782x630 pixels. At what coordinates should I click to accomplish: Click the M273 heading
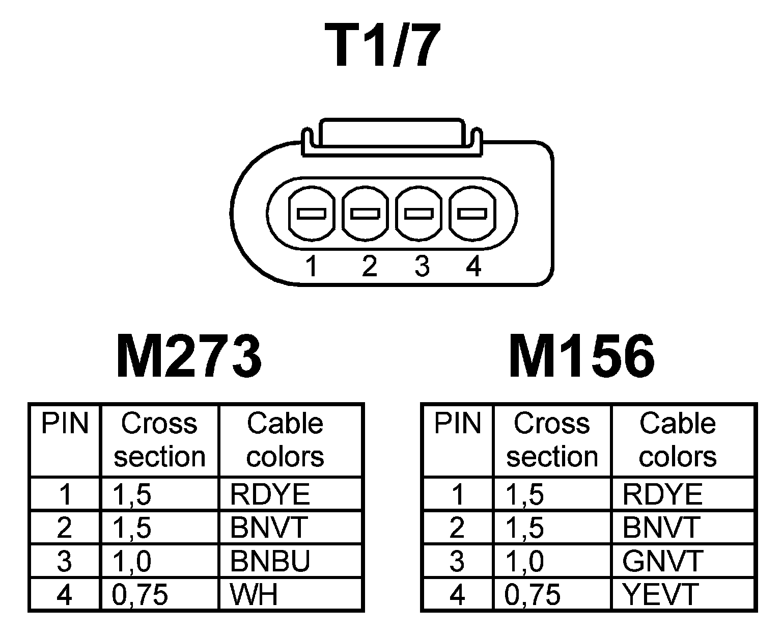coord(189,356)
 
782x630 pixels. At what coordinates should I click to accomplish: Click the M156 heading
coord(581,356)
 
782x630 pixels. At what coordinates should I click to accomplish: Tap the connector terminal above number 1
coord(312,214)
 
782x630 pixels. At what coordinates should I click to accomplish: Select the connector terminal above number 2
coord(366,214)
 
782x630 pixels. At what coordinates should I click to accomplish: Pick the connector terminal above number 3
coord(419,214)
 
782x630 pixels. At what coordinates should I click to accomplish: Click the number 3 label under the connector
coord(422,267)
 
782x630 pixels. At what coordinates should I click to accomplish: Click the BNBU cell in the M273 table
coord(270,561)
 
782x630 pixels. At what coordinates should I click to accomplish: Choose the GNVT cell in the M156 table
coord(662,561)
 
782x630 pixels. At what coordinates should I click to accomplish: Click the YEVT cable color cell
coord(660,594)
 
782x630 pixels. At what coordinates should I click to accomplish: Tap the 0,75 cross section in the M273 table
coord(139,594)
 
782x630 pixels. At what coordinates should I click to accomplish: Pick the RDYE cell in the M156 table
coord(662,494)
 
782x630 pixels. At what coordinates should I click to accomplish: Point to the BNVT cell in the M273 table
coord(269,528)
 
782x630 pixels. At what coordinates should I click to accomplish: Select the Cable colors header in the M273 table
coord(285,440)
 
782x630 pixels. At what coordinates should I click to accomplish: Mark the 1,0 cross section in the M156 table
coord(525,561)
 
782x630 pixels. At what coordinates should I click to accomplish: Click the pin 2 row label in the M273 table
coord(65,528)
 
